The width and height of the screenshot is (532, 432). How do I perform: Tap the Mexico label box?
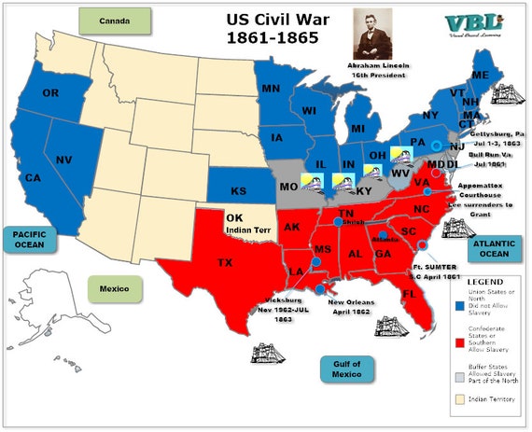(114, 287)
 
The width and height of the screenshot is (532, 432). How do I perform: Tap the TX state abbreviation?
(225, 263)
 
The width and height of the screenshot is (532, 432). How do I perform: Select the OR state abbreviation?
(50, 93)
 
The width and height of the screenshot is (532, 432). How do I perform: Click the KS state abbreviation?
(238, 192)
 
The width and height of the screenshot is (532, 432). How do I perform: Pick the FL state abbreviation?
(408, 293)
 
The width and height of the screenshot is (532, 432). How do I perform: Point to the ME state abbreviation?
(481, 75)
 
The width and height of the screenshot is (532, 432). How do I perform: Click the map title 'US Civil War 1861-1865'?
(272, 28)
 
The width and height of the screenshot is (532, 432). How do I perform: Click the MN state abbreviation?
(271, 90)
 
